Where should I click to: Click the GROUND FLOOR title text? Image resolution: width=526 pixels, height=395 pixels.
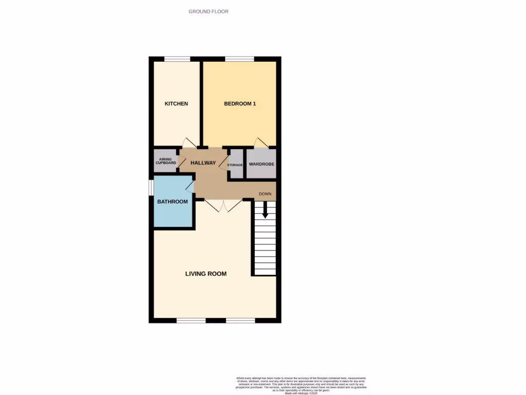208,11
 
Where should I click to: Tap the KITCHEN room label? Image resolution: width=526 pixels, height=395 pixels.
176,104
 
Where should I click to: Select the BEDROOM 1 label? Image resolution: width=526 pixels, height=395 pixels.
240,104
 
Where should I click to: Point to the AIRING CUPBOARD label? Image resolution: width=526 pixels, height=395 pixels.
165,161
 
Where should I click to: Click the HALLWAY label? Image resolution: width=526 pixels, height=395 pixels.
203,163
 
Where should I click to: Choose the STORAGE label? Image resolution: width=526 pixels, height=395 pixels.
235,165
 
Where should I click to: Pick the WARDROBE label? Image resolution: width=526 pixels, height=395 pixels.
261,165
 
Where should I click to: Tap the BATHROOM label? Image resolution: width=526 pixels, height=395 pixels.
173,202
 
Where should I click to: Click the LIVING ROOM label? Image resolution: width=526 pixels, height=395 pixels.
206,274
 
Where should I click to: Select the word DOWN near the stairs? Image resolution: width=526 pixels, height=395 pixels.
265,194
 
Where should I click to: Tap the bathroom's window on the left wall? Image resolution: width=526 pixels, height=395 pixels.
151,187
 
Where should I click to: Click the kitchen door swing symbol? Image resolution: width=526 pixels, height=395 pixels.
190,142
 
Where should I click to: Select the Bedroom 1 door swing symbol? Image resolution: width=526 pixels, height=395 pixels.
261,142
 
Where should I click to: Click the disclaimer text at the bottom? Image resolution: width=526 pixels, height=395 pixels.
301,385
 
